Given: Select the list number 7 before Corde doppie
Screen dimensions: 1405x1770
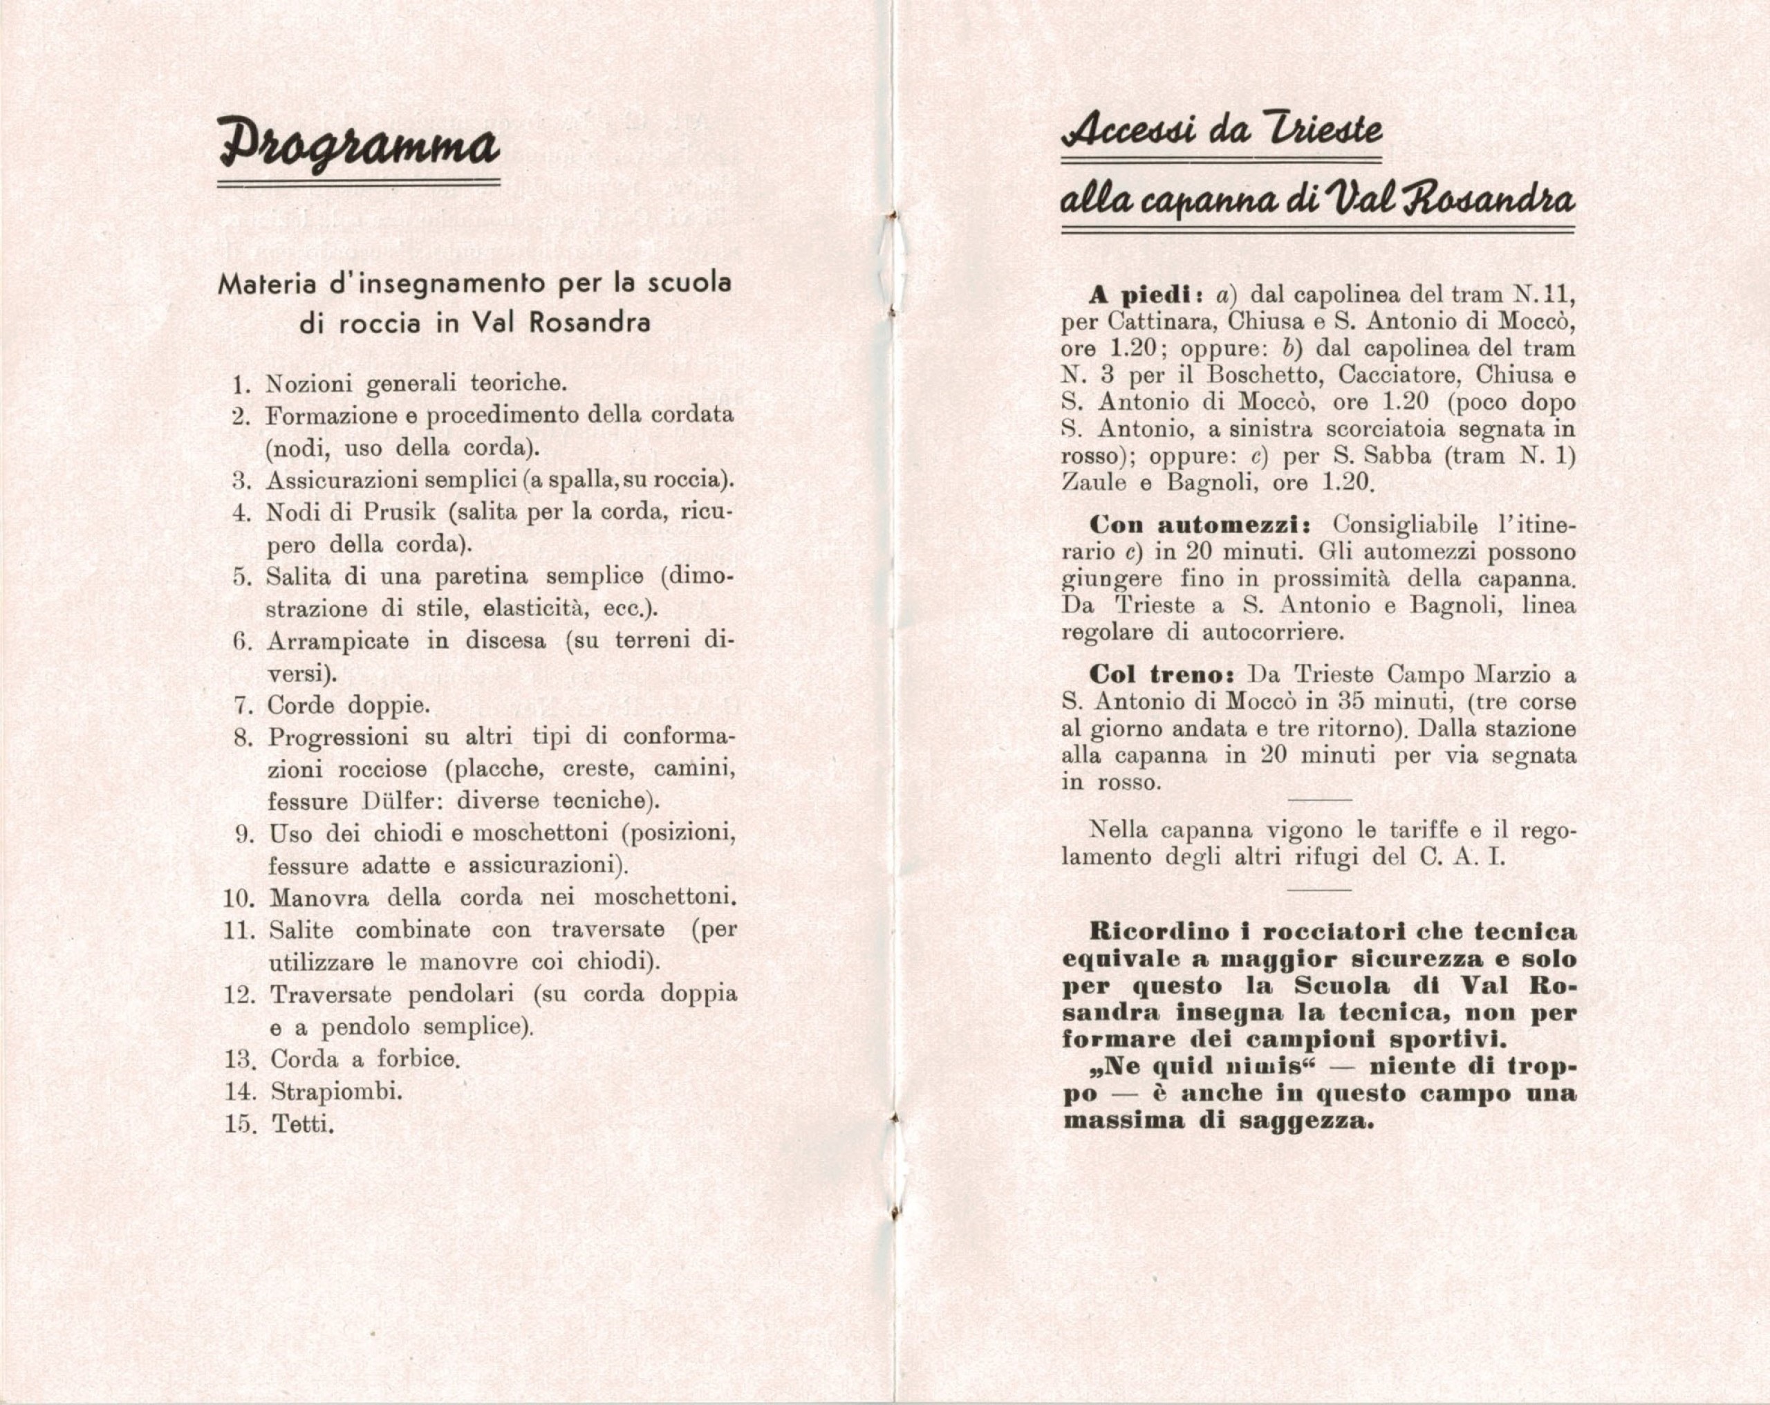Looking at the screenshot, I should (x=241, y=705).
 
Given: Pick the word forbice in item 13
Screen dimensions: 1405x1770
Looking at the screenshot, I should (x=416, y=1059).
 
